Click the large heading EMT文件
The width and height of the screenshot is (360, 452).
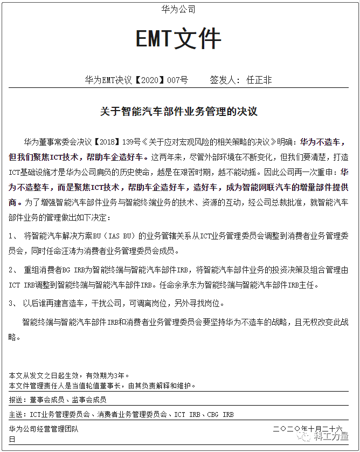178,39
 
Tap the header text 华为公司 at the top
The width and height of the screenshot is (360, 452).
178,9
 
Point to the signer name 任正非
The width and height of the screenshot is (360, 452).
259,80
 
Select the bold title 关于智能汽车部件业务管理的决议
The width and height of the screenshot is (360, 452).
179,112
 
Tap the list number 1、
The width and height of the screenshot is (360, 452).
14,236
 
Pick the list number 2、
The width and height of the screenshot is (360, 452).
14,269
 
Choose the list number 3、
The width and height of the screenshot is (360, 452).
14,303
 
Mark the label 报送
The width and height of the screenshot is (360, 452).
17,400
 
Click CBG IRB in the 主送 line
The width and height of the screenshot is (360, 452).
220,414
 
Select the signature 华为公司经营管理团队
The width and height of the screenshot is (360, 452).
44,429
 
